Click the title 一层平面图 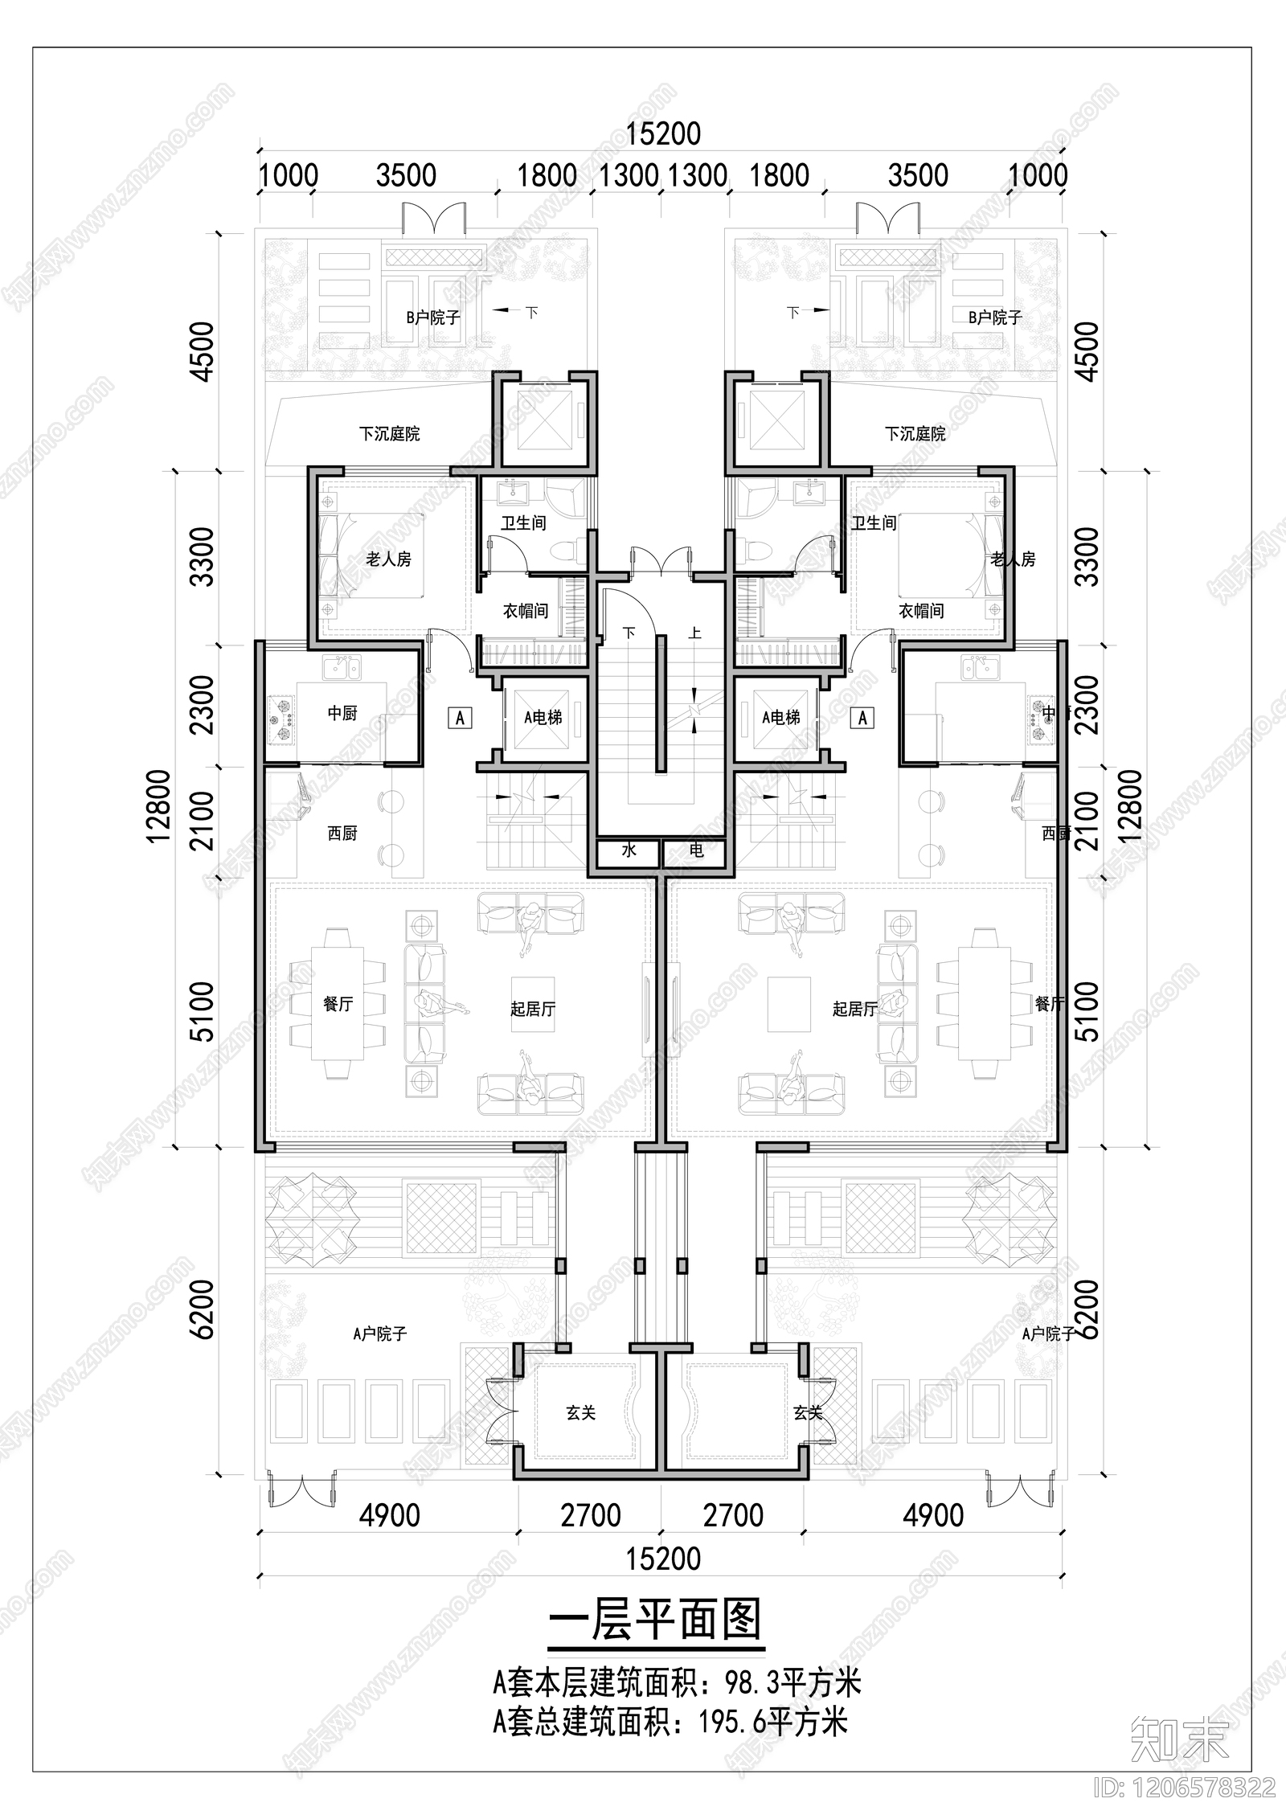[x=655, y=1619]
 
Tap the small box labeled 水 [x=629, y=850]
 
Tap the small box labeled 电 [x=696, y=850]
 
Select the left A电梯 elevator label [x=543, y=717]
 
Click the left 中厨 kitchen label [x=342, y=713]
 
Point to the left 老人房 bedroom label [x=389, y=559]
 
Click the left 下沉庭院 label [x=389, y=434]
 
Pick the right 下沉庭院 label [x=915, y=434]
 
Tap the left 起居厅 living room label [x=533, y=1008]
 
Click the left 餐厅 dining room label [x=338, y=1003]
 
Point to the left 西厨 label [x=342, y=834]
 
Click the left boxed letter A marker [x=460, y=717]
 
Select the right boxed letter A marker [x=863, y=717]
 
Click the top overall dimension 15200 [x=663, y=134]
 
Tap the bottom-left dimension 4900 [x=389, y=1516]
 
